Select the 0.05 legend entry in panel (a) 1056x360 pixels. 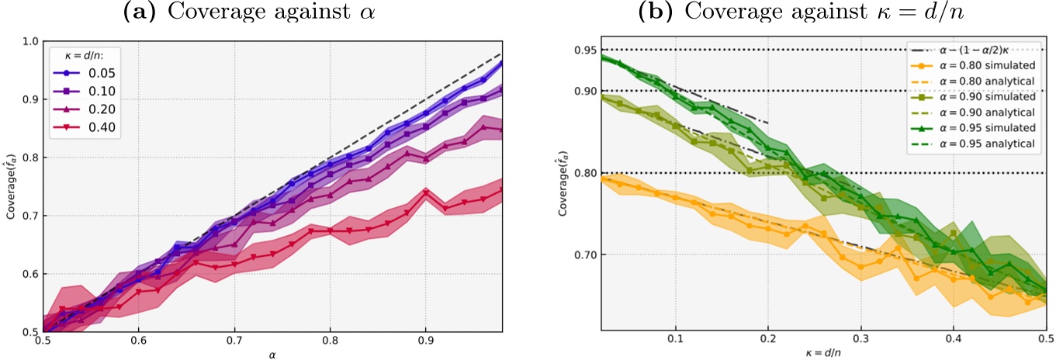pyautogui.click(x=93, y=75)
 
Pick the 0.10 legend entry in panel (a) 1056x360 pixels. pyautogui.click(x=93, y=93)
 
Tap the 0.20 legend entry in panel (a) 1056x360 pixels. pyautogui.click(x=93, y=111)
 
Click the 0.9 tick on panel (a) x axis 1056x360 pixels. pyautogui.click(x=426, y=340)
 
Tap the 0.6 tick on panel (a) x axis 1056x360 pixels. pyautogui.click(x=138, y=340)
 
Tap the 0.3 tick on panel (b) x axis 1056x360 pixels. pyautogui.click(x=860, y=340)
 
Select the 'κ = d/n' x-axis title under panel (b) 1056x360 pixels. pyautogui.click(x=823, y=353)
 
